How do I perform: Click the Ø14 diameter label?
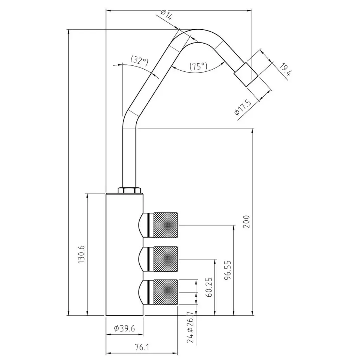166,15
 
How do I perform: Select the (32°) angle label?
140,60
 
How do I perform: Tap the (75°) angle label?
198,66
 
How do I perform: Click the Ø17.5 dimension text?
243,108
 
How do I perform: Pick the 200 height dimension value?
246,221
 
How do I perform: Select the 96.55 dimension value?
228,270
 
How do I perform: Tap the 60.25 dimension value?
209,287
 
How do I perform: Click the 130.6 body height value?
82,255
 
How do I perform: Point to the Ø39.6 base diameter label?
125,329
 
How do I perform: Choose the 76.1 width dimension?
142,347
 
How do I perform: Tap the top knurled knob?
165,225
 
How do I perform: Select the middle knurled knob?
165,259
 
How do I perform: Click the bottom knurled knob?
165,292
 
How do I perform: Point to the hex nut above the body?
129,191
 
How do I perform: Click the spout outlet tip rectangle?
246,75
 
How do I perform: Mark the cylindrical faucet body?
125,255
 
